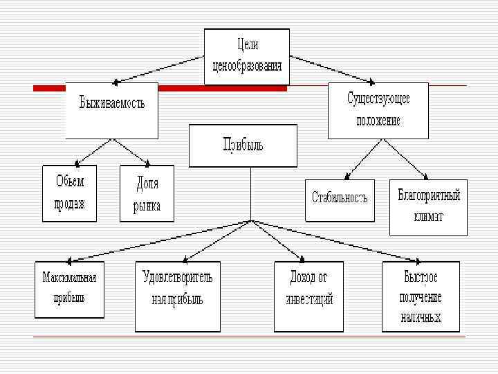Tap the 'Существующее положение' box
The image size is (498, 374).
378,110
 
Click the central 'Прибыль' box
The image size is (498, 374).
243,145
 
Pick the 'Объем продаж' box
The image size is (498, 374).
69,193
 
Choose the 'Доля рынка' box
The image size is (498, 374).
147,193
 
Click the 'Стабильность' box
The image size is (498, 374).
340,199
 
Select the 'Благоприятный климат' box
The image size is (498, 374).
428,207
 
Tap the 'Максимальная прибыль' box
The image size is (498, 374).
69,289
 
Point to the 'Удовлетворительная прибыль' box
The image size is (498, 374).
176,290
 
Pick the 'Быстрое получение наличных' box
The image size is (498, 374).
421,296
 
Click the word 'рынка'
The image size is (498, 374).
147,206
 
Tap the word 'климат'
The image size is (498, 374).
429,217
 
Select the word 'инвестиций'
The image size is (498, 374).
308,300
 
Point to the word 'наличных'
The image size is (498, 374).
421,317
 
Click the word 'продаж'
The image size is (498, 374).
69,204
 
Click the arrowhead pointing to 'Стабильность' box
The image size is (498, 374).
347,176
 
